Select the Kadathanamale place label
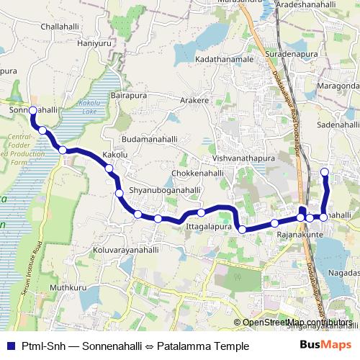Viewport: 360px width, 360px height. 225,58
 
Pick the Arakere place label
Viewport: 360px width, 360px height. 194,100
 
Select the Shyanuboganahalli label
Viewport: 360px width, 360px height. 165,190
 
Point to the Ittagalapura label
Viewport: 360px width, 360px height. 210,226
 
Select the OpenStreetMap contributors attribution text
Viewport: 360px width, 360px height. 297,323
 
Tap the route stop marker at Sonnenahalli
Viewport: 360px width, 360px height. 32,110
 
